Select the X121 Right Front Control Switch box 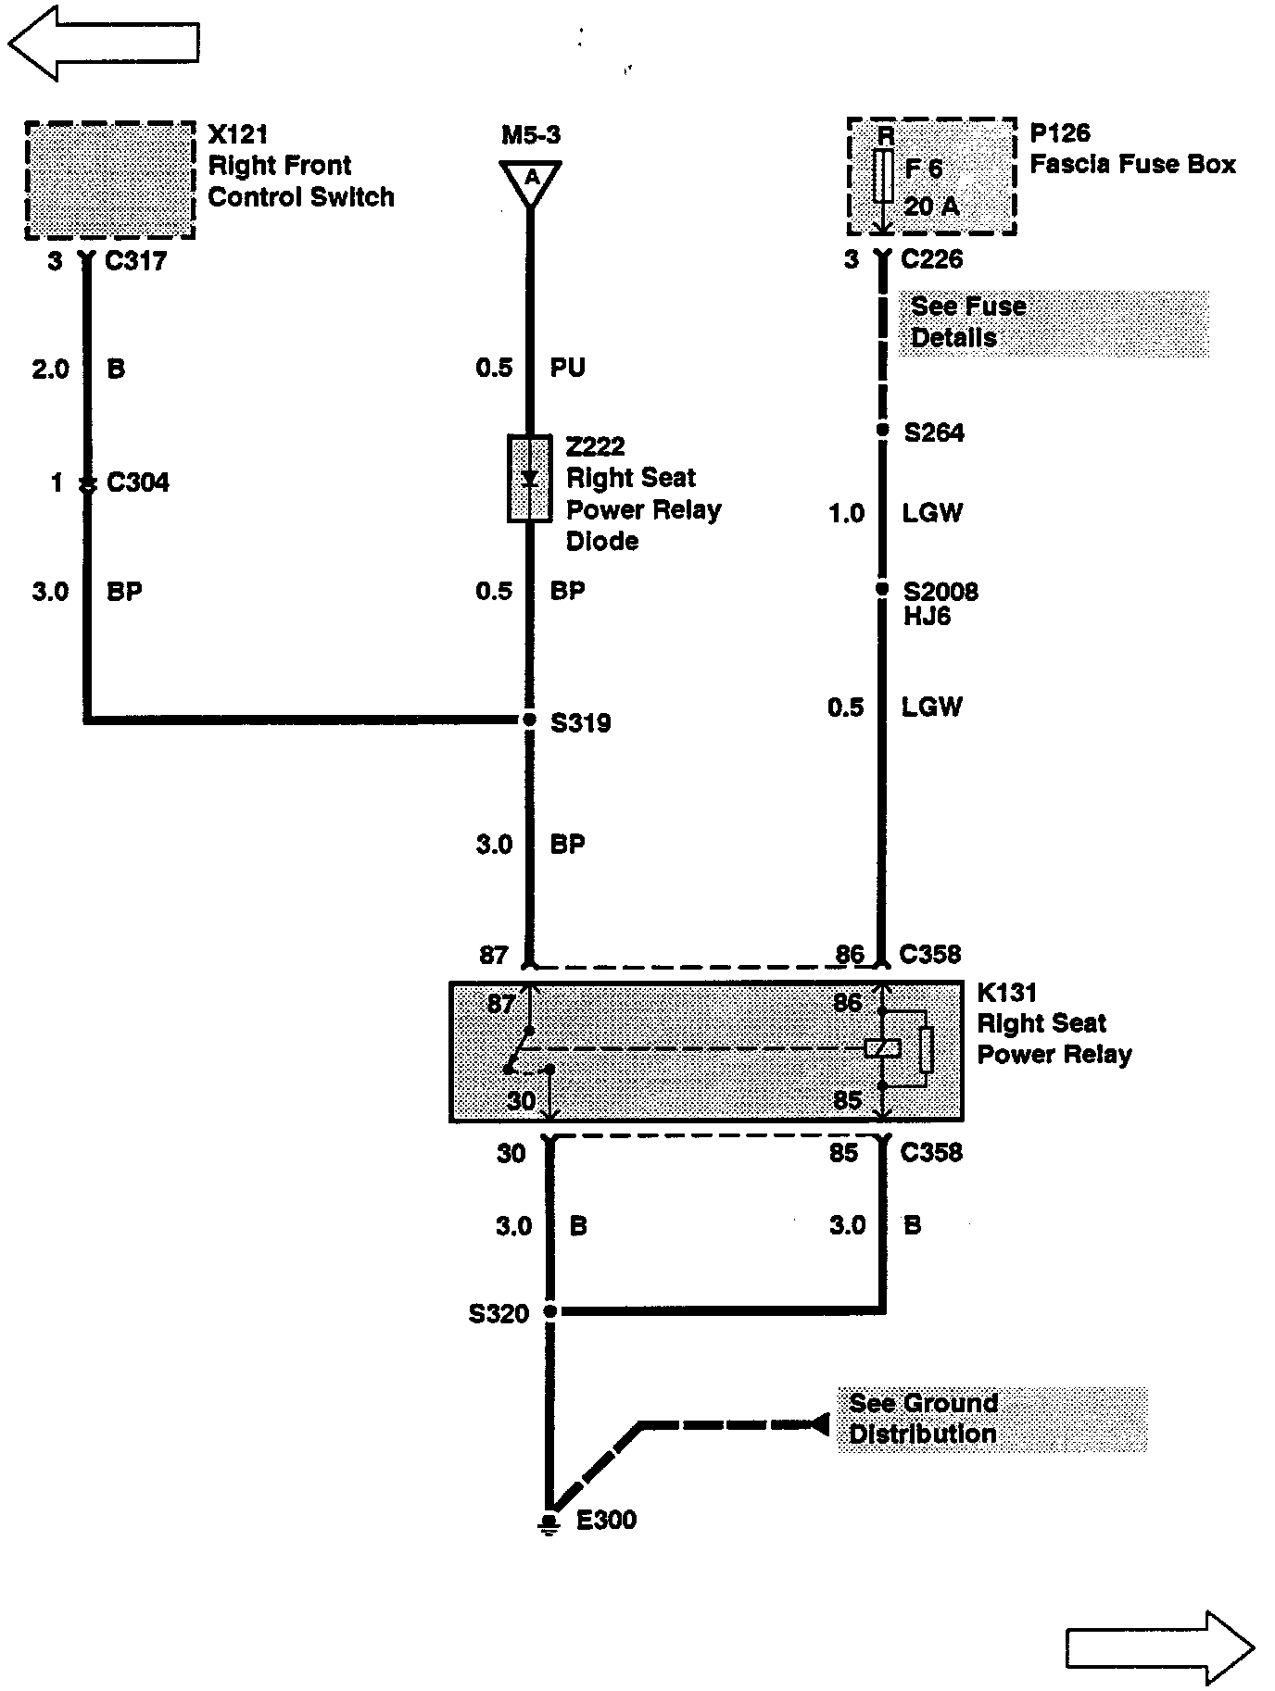coord(109,180)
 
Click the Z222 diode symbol coord(530,479)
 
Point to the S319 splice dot coord(529,720)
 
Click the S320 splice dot coord(550,1311)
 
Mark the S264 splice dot coord(883,431)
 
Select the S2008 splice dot coord(883,589)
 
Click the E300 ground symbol coord(549,1523)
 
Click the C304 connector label coord(138,482)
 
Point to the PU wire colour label coord(567,368)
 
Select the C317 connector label coord(135,261)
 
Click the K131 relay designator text coord(1007,993)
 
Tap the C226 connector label coord(931,259)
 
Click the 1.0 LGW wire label coord(895,513)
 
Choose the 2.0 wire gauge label coord(50,370)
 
